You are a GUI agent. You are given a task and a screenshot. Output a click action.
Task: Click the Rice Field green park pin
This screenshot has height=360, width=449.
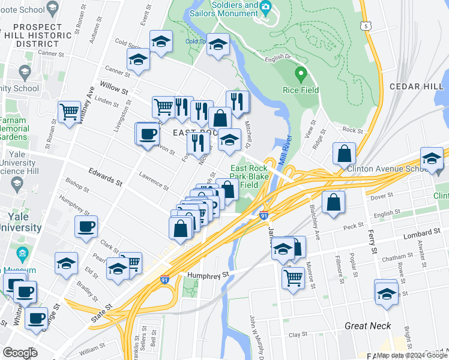click(301, 75)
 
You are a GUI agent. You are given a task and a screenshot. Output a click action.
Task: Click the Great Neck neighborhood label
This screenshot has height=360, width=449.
click(368, 326)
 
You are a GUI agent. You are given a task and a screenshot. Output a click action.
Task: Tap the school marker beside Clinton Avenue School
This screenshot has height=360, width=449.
click(432, 158)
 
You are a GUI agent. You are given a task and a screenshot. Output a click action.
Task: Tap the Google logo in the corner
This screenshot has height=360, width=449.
click(20, 353)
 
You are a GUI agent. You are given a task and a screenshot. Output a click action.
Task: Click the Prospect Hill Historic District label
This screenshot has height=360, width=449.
click(37, 35)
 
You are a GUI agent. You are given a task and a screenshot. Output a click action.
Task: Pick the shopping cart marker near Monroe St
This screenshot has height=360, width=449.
click(293, 277)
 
